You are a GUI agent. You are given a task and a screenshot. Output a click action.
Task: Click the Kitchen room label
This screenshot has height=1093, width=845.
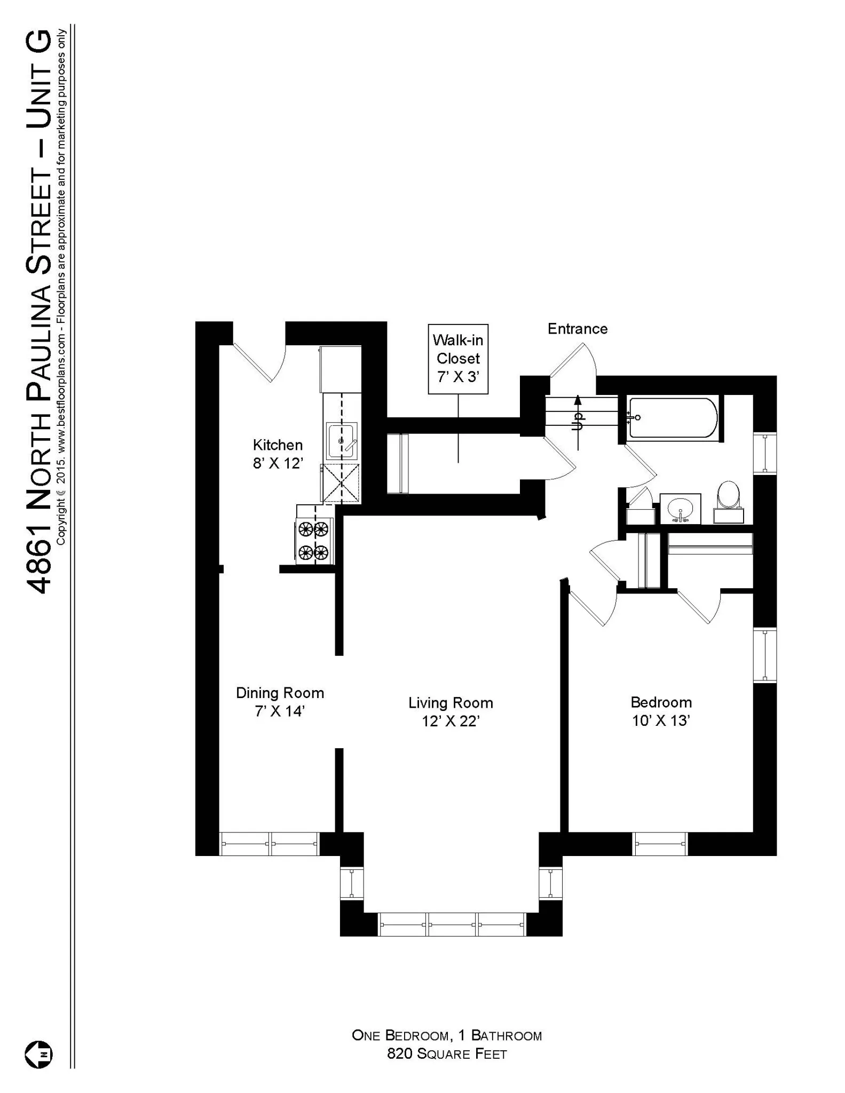click(278, 445)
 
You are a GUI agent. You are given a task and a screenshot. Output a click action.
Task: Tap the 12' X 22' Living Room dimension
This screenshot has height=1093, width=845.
click(451, 721)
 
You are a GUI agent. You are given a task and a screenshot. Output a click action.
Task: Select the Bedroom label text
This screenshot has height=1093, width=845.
click(661, 702)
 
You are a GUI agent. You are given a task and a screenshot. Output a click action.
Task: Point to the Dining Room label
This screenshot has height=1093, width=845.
click(280, 693)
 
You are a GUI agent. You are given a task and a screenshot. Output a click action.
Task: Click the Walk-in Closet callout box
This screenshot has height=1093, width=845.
click(458, 359)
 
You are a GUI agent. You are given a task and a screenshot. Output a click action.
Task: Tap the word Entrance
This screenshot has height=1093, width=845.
click(578, 329)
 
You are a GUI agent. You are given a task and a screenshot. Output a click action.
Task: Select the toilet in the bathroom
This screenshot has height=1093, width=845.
click(728, 496)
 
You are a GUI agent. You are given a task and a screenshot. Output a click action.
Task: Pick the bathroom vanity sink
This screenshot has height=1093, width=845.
click(680, 508)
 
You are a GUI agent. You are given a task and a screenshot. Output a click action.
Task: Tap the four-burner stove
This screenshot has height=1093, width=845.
click(314, 540)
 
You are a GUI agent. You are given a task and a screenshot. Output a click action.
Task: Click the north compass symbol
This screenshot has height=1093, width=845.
click(38, 1055)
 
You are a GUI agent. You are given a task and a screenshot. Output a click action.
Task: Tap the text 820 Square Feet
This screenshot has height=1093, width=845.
click(447, 1054)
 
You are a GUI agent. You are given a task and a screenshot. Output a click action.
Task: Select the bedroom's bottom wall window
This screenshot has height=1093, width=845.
click(660, 844)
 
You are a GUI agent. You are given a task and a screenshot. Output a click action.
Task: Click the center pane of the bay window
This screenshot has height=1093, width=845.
click(452, 924)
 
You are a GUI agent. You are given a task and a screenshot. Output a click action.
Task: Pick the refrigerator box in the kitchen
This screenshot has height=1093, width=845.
click(340, 369)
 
